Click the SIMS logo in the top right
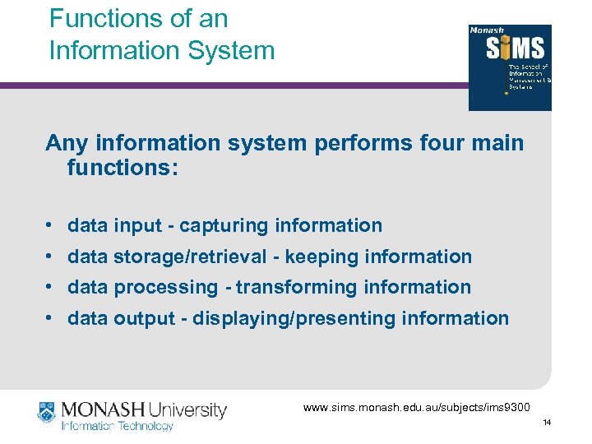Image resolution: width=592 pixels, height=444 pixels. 510,68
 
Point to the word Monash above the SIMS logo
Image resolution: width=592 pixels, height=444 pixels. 486,31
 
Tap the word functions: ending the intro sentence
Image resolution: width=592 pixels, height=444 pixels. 123,169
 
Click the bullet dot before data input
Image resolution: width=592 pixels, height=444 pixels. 51,225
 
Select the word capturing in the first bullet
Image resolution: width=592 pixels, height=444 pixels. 224,225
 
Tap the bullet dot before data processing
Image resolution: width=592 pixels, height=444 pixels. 51,288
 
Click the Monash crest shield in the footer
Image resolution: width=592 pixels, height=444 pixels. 46,411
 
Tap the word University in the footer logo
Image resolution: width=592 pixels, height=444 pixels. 184,409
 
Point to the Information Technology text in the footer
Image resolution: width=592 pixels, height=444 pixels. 118,427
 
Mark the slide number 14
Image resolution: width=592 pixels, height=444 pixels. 546,422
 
